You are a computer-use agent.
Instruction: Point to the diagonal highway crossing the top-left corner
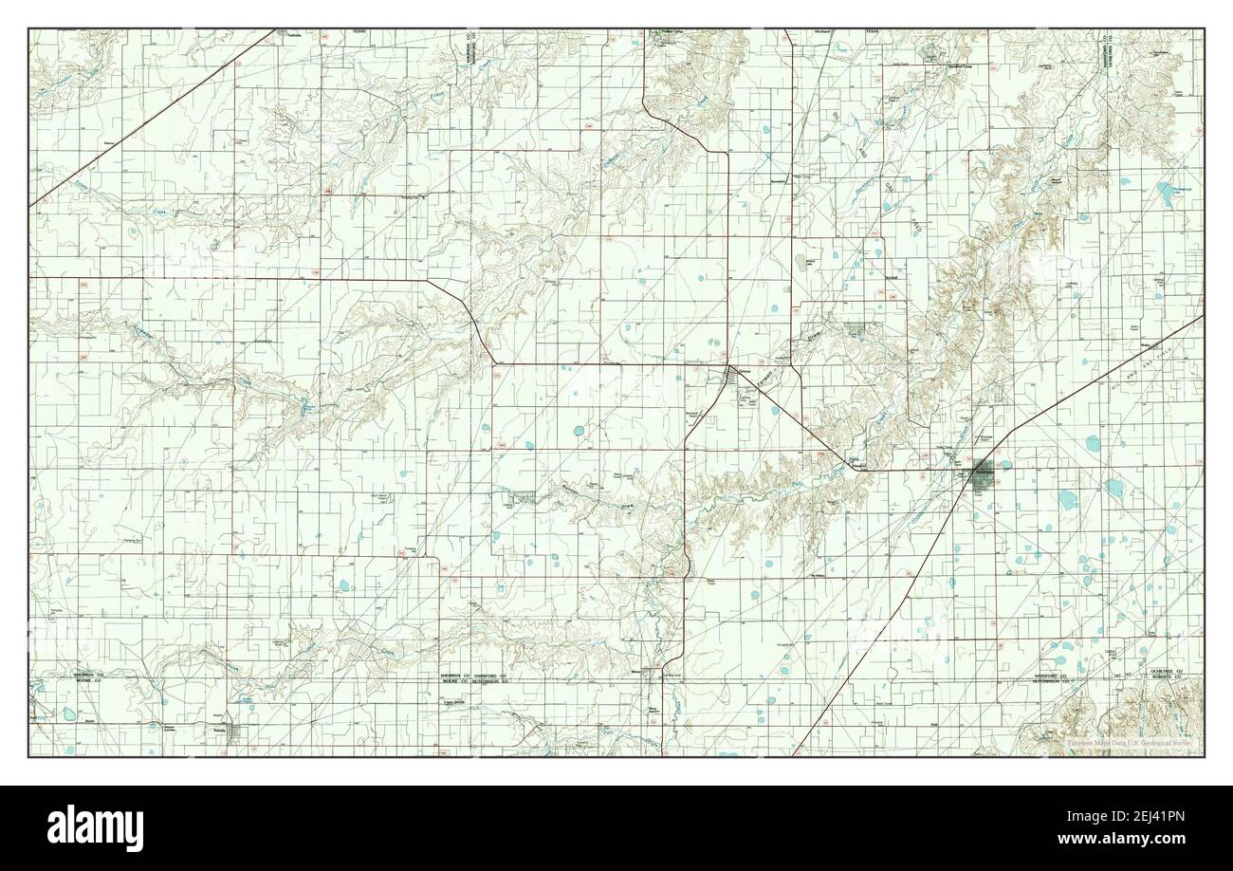[142, 123]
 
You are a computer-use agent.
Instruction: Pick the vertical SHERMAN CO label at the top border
[470, 49]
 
